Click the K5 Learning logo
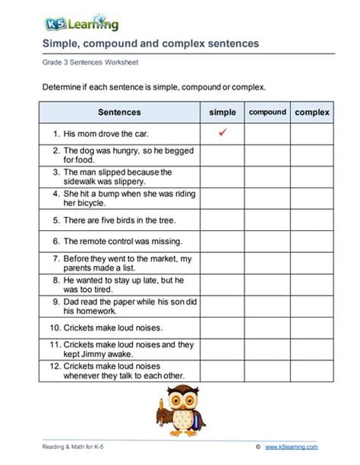tap(75, 24)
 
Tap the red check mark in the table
tap(223, 133)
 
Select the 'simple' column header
tap(223, 112)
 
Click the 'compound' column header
tap(267, 112)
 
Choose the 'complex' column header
tap(311, 112)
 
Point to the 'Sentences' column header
tap(119, 112)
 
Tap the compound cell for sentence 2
tap(267, 155)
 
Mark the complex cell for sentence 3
tap(311, 177)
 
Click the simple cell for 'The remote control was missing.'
tap(223, 242)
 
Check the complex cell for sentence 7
tap(311, 264)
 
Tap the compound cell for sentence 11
tap(267, 349)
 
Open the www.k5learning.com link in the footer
tap(292, 448)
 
